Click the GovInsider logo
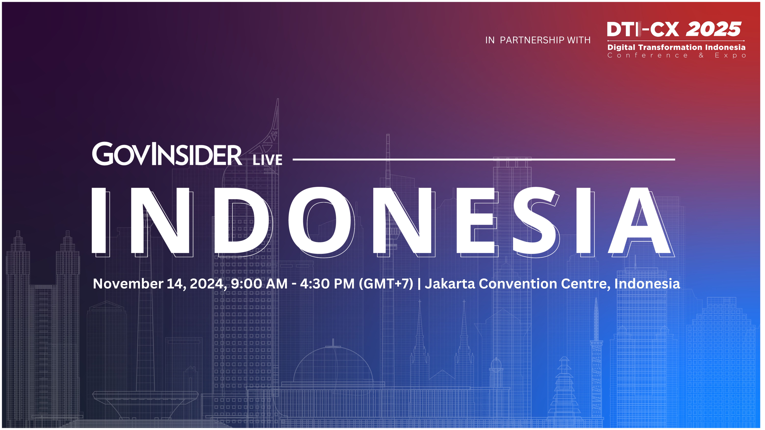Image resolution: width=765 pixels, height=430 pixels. (167, 154)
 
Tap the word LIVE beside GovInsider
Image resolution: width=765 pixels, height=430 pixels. (267, 160)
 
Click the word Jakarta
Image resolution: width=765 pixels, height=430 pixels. (450, 284)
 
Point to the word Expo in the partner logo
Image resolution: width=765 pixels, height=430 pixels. (731, 56)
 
